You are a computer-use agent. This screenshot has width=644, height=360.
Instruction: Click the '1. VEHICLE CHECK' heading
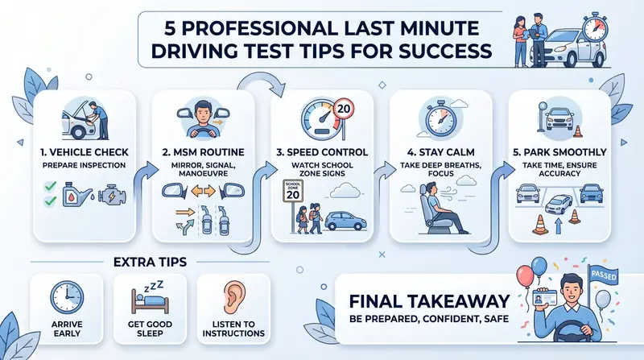point(85,152)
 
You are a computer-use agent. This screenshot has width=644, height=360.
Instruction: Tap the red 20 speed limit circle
point(344,109)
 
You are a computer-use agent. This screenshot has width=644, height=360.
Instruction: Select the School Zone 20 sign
point(293,191)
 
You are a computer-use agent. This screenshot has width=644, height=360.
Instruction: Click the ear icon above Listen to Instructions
point(234,297)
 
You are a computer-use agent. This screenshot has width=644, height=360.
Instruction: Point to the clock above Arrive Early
point(67,297)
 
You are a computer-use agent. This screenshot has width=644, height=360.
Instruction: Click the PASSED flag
point(603,274)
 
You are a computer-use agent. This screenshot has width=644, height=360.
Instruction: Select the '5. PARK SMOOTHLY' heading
point(559,152)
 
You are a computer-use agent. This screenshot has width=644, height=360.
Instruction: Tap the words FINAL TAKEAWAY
point(429,301)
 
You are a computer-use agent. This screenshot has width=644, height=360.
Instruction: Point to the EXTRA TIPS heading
point(150,263)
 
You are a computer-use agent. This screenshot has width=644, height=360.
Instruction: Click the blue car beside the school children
point(345,221)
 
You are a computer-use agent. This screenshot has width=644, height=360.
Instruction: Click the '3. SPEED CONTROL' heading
point(322,152)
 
